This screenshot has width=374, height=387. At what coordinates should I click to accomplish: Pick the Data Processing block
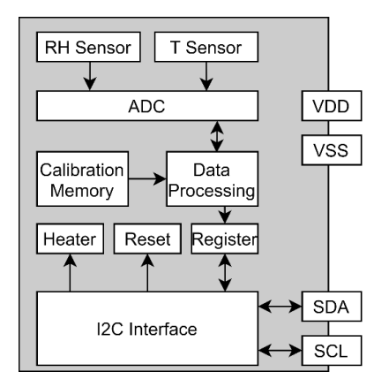[x=213, y=178]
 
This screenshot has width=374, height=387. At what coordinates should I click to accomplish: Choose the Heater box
[x=69, y=239]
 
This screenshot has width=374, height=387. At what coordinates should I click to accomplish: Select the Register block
[x=224, y=239]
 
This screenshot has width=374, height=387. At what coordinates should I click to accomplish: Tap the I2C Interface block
[x=146, y=329]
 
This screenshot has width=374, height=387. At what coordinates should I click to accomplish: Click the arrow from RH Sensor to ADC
[x=87, y=78]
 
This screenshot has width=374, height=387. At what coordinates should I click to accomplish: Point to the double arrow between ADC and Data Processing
[x=214, y=136]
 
